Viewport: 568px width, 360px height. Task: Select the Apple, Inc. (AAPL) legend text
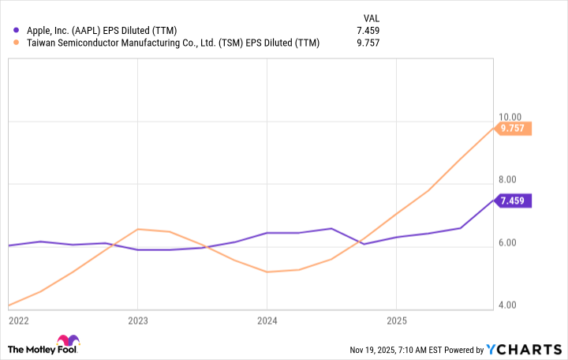(106, 31)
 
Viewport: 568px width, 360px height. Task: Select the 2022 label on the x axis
(18, 321)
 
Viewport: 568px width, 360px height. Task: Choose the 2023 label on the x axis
(137, 321)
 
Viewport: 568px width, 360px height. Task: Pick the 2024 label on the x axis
(267, 321)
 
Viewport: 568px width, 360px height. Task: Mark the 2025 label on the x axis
(396, 321)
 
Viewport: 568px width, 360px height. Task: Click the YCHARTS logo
(522, 349)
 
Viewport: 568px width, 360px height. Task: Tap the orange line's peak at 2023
(138, 229)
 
